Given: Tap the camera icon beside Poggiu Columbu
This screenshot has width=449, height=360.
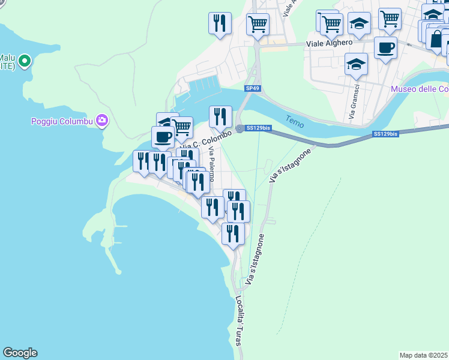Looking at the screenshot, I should pyautogui.click(x=102, y=121).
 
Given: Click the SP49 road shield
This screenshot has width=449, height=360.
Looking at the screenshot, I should pyautogui.click(x=253, y=89).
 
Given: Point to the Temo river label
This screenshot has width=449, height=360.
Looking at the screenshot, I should pyautogui.click(x=295, y=121).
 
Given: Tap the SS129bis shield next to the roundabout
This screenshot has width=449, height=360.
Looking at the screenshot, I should pyautogui.click(x=259, y=128).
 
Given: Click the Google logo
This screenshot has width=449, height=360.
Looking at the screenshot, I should pyautogui.click(x=20, y=353).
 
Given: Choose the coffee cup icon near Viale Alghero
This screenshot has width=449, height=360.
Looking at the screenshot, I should pyautogui.click(x=385, y=47).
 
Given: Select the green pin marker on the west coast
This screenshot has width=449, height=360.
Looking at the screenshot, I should pyautogui.click(x=24, y=61).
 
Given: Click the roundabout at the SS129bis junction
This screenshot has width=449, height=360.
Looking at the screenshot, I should pyautogui.click(x=240, y=128).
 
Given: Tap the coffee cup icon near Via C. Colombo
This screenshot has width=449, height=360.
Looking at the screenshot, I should pyautogui.click(x=163, y=137).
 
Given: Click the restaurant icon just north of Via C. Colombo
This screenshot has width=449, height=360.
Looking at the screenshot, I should pyautogui.click(x=220, y=116).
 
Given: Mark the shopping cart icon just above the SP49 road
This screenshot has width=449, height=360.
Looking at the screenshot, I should pyautogui.click(x=258, y=25).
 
